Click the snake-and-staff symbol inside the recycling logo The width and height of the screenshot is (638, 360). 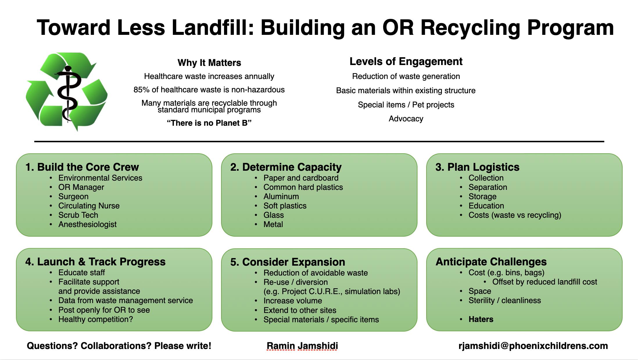pyautogui.click(x=68, y=93)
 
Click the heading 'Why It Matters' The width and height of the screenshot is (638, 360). pyautogui.click(x=209, y=63)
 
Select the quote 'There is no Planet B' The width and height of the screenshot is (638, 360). pyautogui.click(x=209, y=123)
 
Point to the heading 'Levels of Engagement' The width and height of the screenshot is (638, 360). pyautogui.click(x=406, y=62)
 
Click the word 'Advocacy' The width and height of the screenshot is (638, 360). pyautogui.click(x=406, y=119)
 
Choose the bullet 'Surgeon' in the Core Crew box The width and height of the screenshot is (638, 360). pyautogui.click(x=73, y=197)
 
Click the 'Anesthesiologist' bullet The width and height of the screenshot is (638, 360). pyautogui.click(x=87, y=224)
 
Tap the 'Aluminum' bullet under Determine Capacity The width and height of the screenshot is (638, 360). pyautogui.click(x=281, y=197)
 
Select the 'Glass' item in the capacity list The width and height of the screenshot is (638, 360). pyautogui.click(x=273, y=215)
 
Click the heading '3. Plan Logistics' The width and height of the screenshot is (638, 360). pyautogui.click(x=477, y=167)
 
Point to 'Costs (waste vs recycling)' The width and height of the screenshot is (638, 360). pyautogui.click(x=515, y=215)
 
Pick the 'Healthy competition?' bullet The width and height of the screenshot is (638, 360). pyautogui.click(x=95, y=319)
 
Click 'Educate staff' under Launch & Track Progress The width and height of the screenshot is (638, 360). pyautogui.click(x=81, y=273)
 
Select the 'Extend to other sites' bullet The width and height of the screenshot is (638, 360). pyautogui.click(x=300, y=310)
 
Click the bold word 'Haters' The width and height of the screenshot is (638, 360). pyautogui.click(x=481, y=319)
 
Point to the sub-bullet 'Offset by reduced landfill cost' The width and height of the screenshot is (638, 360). pyautogui.click(x=544, y=282)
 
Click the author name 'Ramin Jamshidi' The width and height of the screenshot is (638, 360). pyautogui.click(x=302, y=346)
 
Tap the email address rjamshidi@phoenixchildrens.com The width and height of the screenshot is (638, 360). pyautogui.click(x=533, y=346)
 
